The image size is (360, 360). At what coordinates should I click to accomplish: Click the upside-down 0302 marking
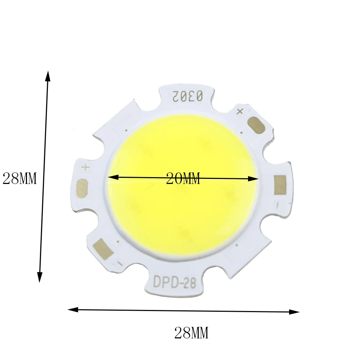[188, 96]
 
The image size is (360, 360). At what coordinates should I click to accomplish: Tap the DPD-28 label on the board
[175, 282]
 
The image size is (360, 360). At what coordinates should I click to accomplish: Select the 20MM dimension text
[183, 179]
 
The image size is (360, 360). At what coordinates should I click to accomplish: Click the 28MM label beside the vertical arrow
[19, 179]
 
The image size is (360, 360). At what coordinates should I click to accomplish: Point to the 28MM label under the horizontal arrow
[192, 333]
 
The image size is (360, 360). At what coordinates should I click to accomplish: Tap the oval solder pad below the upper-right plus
[257, 125]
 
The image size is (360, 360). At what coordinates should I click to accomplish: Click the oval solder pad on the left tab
[82, 188]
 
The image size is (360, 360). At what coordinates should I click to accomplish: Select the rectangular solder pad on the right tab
[280, 185]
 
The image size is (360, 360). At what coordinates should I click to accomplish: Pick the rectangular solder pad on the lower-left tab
[103, 249]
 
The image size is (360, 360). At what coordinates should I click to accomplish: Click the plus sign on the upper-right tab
[240, 112]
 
